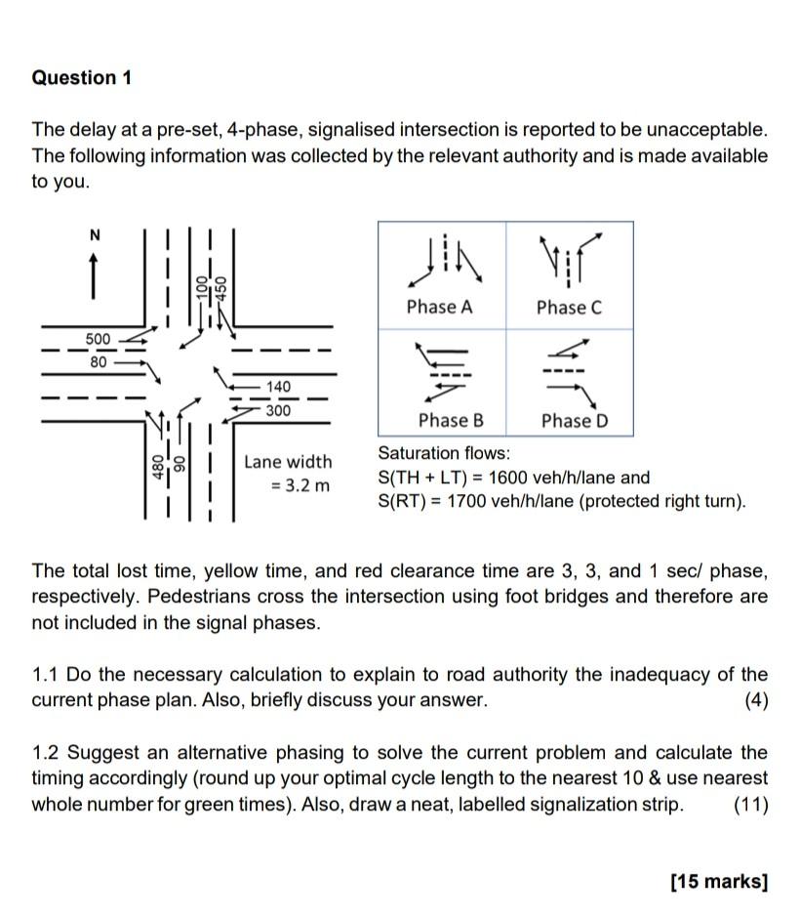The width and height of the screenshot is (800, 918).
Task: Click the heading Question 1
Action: pyautogui.click(x=81, y=78)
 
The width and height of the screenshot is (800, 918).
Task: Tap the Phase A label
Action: pyautogui.click(x=439, y=307)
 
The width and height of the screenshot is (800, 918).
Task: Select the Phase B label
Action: pyautogui.click(x=451, y=421)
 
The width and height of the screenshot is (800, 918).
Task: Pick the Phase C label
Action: pyautogui.click(x=569, y=307)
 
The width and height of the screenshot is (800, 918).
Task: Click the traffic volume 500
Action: pyautogui.click(x=98, y=338)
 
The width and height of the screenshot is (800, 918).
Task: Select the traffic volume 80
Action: pyautogui.click(x=98, y=358)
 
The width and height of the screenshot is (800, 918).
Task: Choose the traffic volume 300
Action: pyautogui.click(x=278, y=410)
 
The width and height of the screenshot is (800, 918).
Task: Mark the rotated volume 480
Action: pyautogui.click(x=154, y=468)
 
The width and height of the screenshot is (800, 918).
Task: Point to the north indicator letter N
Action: pyautogui.click(x=95, y=234)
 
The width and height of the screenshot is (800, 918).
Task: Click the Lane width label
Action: pyautogui.click(x=288, y=461)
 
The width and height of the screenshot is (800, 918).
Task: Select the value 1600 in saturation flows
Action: pyautogui.click(x=490, y=479)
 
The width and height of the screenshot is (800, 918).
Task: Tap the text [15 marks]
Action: pyautogui.click(x=719, y=881)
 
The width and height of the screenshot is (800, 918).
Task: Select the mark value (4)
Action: pyautogui.click(x=755, y=700)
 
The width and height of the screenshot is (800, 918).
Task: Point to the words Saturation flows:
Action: pyautogui.click(x=444, y=453)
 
